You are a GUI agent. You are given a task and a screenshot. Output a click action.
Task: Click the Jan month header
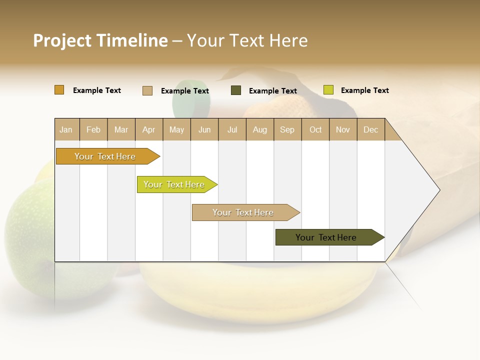[66, 129]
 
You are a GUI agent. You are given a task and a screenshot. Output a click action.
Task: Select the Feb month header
[93, 129]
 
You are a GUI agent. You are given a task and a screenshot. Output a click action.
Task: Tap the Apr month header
[148, 129]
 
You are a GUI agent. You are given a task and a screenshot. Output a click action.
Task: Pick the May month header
[176, 129]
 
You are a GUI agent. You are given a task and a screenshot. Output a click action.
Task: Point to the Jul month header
[232, 129]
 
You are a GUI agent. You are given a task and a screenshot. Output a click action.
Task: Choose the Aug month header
[259, 129]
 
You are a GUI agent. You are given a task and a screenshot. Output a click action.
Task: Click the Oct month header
[315, 129]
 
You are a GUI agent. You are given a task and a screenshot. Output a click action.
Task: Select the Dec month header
[370, 129]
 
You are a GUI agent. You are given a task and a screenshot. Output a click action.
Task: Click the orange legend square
[59, 90]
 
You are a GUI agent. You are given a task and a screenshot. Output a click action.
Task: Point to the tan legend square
[147, 90]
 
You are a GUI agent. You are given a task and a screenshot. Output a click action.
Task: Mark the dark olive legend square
[236, 90]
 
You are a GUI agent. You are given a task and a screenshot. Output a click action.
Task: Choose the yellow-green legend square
[328, 90]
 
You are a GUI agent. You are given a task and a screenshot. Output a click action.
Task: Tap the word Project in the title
[61, 40]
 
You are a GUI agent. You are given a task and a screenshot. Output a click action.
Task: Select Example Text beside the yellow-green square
[364, 90]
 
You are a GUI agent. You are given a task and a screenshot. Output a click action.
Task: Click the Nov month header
[342, 129]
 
